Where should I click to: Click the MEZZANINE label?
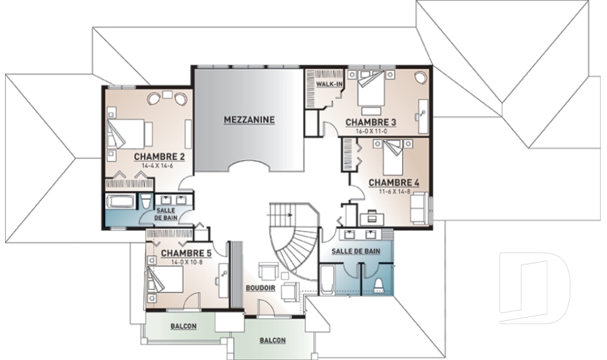point(249,120)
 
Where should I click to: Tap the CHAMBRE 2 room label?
point(159,156)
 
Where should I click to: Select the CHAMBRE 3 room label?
point(371,123)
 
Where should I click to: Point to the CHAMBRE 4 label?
point(394,182)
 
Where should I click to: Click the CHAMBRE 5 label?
point(186,254)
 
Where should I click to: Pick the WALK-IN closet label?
point(329,84)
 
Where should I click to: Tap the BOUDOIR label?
point(261,289)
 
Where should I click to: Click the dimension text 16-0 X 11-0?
point(371,131)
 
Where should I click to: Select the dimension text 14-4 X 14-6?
point(157,165)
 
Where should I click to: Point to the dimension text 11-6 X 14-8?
point(395,191)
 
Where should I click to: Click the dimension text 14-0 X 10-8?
point(187,262)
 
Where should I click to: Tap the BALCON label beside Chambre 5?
point(183,326)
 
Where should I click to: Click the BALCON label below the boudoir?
point(273,340)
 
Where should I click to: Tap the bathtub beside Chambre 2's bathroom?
point(121,201)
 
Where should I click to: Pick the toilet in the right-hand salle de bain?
point(378,285)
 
